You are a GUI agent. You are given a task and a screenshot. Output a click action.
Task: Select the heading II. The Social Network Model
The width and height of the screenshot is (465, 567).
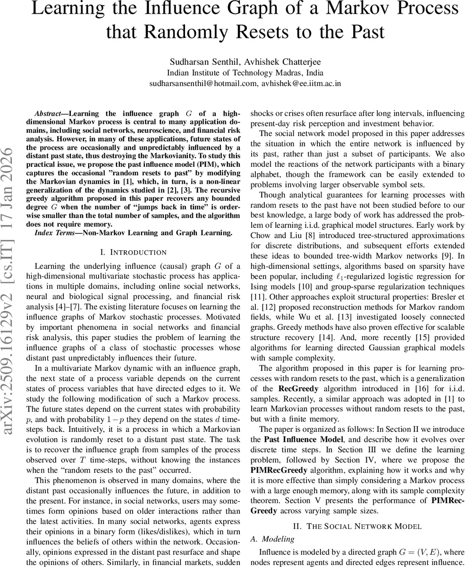[x=357, y=526]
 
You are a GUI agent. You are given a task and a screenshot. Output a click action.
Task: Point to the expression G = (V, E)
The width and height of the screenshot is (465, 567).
[x=400, y=552]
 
